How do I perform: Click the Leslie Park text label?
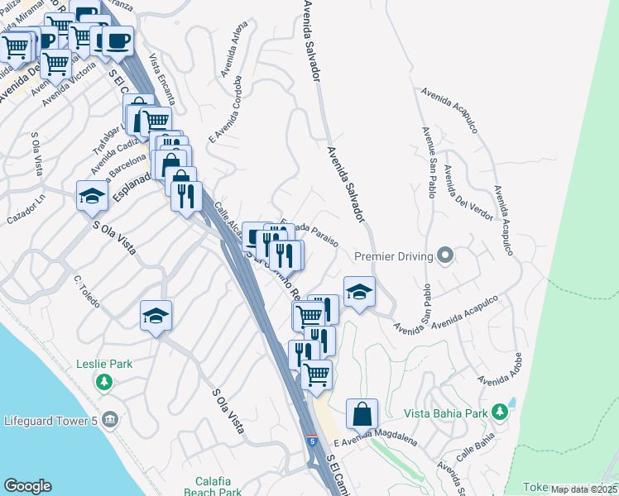[x=104, y=364]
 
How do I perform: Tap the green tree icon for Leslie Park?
[x=104, y=382]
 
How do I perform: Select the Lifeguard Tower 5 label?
[x=50, y=422]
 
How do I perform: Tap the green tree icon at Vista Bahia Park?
[x=499, y=411]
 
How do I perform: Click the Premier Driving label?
[x=394, y=256]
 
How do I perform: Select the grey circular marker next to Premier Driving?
[x=445, y=255]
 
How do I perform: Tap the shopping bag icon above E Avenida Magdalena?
[x=362, y=414]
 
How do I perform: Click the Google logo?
[x=27, y=486]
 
